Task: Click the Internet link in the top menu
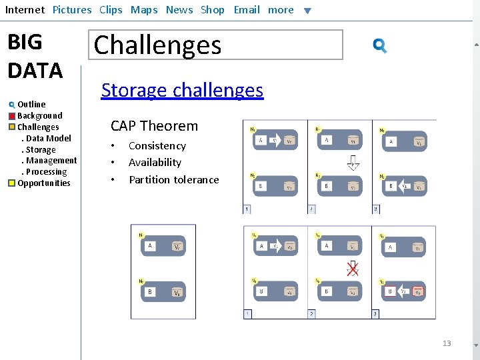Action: click(x=25, y=10)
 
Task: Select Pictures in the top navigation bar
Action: click(x=72, y=10)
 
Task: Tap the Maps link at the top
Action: click(x=144, y=10)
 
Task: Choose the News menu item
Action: click(x=179, y=10)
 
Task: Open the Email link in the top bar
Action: click(x=247, y=10)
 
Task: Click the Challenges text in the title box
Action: click(x=158, y=45)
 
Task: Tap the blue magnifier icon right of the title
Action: click(x=379, y=45)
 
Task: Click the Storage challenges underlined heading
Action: click(x=182, y=90)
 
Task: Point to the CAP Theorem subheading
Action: click(x=154, y=126)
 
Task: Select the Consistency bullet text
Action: click(x=157, y=146)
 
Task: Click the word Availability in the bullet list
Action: click(x=155, y=163)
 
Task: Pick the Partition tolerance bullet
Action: click(x=174, y=180)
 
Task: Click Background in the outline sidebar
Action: click(x=40, y=116)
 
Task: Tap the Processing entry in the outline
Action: click(x=46, y=172)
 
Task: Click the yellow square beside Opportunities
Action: click(x=12, y=183)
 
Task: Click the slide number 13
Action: click(x=447, y=343)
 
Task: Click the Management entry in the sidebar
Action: click(x=51, y=161)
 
